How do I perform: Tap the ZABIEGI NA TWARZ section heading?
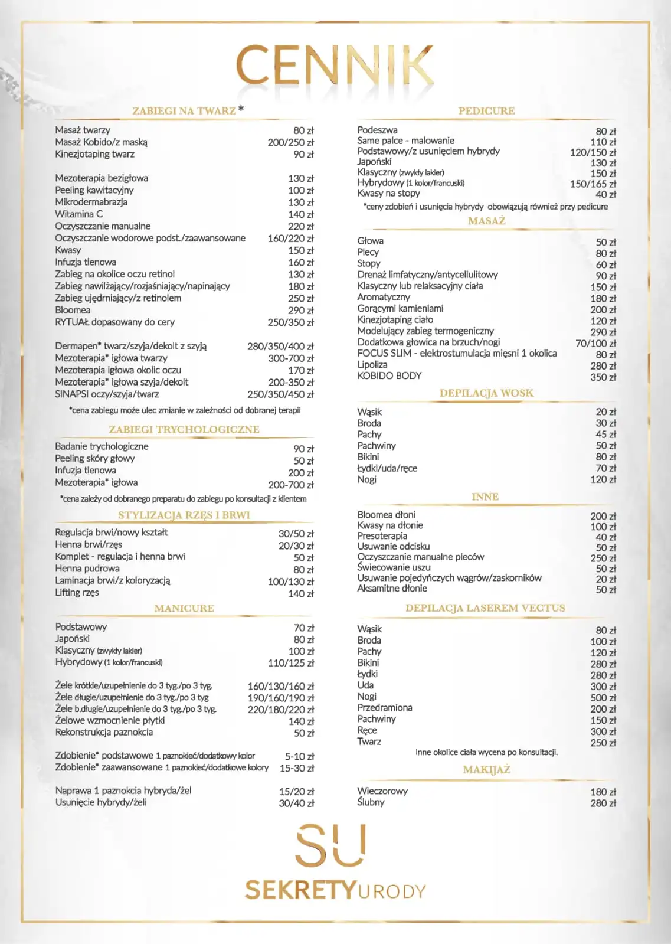point(184,111)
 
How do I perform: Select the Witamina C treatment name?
point(78,214)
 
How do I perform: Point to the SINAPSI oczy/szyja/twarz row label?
point(107,394)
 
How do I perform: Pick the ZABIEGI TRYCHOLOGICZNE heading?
point(184,430)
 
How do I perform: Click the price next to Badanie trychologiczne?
point(303,449)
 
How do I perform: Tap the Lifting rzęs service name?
point(77,593)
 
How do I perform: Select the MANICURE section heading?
point(184,608)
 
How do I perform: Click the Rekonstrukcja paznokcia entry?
point(104,733)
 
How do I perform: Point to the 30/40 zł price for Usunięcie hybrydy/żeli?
point(296,803)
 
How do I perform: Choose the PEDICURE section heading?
point(486,111)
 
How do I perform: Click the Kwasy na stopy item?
point(388,194)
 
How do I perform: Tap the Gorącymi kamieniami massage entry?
point(400,309)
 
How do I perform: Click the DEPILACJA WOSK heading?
point(486,393)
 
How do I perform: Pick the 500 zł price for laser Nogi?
point(603,698)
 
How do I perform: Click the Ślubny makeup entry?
point(371,802)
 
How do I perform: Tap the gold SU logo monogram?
point(330,846)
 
